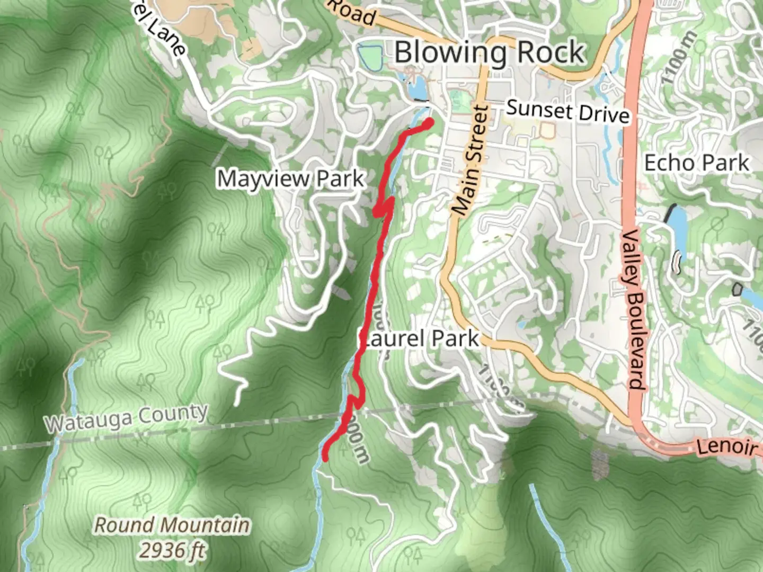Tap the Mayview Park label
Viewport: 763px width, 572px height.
[x=290, y=179]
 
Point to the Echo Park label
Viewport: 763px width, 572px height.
[x=696, y=163]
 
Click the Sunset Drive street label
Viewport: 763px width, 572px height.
[x=568, y=111]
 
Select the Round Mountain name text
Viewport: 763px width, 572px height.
[x=172, y=525]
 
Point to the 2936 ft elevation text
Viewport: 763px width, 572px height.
[x=173, y=550]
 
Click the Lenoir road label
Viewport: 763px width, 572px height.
[x=726, y=447]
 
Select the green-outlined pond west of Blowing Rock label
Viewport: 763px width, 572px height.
[x=370, y=57]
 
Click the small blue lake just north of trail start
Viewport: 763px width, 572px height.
[x=417, y=88]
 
